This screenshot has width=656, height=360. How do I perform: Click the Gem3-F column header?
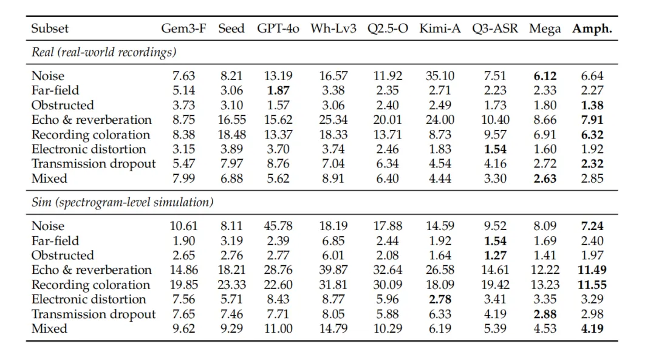click(183, 29)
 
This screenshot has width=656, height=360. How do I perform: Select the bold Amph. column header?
click(592, 29)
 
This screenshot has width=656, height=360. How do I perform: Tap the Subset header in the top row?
click(50, 29)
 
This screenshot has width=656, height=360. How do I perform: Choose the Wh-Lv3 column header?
click(333, 29)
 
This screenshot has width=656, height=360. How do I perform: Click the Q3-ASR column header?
click(495, 29)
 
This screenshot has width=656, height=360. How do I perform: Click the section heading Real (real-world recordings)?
click(104, 52)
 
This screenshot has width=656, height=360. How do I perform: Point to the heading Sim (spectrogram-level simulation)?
click(122, 202)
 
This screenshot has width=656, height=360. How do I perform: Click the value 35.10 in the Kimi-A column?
click(440, 76)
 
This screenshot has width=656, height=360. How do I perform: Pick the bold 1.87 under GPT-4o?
click(278, 90)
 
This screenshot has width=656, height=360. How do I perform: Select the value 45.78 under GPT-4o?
click(278, 226)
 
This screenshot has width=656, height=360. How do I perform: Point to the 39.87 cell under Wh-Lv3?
click(333, 270)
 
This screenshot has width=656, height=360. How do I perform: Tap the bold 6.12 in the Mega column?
click(545, 76)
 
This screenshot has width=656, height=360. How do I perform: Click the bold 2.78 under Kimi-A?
click(440, 299)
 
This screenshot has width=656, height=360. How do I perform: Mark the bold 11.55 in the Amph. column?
click(592, 285)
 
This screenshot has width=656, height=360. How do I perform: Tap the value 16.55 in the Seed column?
click(231, 120)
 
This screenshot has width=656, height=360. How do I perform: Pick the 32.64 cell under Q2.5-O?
click(388, 270)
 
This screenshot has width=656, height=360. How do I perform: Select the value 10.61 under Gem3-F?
click(183, 226)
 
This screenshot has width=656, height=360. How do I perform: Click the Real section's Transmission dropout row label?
click(94, 163)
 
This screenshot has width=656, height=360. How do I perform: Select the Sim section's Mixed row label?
click(49, 328)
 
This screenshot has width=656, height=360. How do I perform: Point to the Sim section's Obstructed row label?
click(63, 255)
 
